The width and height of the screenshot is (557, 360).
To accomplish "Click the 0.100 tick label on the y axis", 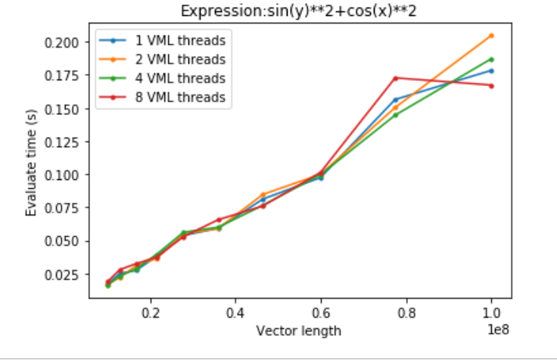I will tap(61, 175).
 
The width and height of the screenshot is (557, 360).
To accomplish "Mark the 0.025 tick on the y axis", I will tap(61, 275).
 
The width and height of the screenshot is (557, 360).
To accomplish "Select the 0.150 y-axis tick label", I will tap(61, 108).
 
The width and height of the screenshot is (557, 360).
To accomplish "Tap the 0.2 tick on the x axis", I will tap(151, 312).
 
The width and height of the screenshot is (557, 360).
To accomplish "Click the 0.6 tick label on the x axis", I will tap(321, 312).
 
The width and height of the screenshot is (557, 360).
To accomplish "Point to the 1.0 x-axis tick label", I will tap(492, 312).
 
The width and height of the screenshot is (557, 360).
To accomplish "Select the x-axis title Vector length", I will tap(299, 331).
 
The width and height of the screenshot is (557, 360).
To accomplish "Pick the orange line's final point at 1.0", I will tap(492, 36).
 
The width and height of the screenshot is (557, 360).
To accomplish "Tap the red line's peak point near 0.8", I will tap(396, 78).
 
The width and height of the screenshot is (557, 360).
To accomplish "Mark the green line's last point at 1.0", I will tap(492, 59).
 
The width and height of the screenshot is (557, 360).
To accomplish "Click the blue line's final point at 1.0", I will tap(492, 70).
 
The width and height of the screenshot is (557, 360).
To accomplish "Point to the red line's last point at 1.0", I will tap(492, 85).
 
